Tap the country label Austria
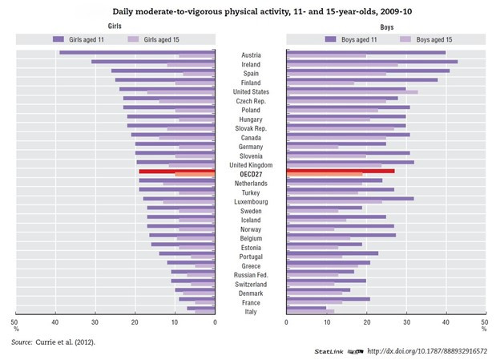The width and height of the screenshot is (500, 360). point(250,55)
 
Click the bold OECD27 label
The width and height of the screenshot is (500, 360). point(250,173)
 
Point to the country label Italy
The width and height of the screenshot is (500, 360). point(250,311)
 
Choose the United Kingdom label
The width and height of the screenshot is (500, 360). point(250,164)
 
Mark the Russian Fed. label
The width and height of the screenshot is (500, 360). point(250,274)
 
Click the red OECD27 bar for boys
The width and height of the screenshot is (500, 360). point(340,171)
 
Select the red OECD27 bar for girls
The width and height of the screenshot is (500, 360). point(176,171)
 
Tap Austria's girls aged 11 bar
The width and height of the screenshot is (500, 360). point(136,52)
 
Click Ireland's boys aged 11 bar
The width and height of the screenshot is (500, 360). point(372,61)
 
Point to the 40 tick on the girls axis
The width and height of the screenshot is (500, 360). point(55,323)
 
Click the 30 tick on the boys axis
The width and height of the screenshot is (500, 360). point(405,323)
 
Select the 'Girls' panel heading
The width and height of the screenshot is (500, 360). point(115,26)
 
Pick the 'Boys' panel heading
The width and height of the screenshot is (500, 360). point(385,26)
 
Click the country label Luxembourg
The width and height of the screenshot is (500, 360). point(250,201)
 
